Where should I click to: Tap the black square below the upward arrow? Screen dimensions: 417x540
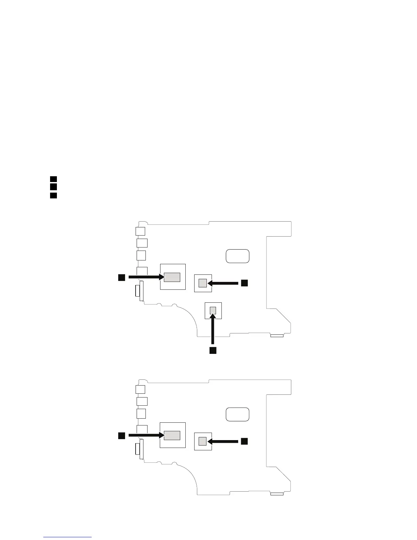(x=213, y=350)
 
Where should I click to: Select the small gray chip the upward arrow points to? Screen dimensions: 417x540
(x=213, y=310)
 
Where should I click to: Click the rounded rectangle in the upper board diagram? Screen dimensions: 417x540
(x=237, y=256)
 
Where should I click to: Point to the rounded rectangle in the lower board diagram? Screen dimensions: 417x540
(x=237, y=414)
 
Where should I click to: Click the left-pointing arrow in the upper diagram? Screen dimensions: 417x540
(x=223, y=283)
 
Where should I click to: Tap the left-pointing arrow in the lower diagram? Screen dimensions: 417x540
(x=223, y=441)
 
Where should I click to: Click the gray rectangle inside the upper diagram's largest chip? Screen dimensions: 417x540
(x=172, y=277)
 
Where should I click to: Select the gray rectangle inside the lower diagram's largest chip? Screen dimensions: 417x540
(x=172, y=435)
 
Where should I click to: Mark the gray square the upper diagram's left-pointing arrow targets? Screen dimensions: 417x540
(x=203, y=283)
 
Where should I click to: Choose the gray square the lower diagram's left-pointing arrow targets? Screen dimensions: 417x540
(x=203, y=441)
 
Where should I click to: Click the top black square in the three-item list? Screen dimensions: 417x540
(x=53, y=179)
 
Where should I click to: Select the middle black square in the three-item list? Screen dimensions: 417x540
(x=53, y=186)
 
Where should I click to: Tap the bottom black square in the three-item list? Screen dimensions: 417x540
(x=53, y=195)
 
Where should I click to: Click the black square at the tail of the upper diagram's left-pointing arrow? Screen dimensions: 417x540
(x=244, y=283)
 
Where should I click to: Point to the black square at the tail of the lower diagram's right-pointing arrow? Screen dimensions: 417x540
(x=121, y=435)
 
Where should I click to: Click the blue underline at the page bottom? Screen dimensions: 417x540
(x=67, y=537)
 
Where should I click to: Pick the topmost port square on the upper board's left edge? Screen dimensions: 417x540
(x=140, y=231)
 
